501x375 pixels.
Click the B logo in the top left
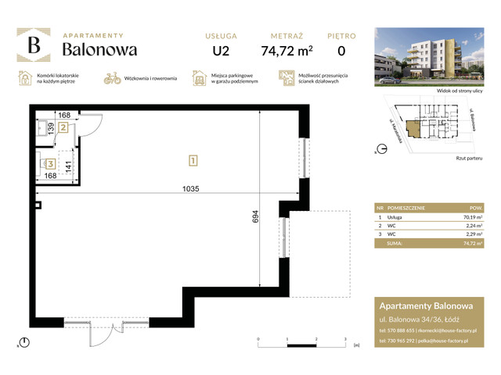(34, 45)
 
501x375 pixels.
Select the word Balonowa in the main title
(99, 49)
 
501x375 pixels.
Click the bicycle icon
(113, 78)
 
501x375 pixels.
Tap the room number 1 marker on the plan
(193, 161)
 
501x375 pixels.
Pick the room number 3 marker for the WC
(50, 164)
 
